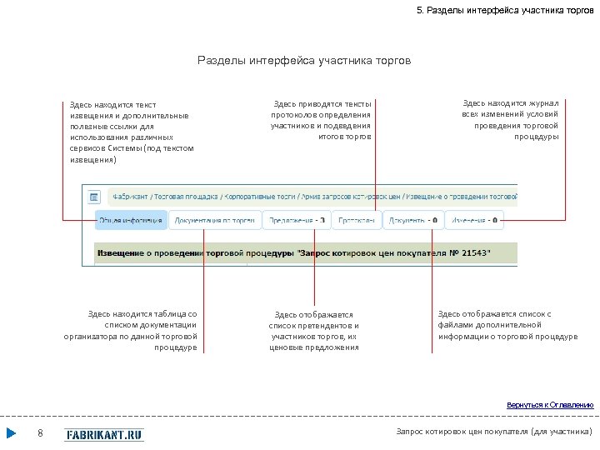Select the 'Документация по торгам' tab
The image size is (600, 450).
click(214, 221)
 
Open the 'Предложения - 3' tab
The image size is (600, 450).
click(297, 221)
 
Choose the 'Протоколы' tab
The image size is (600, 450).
click(357, 221)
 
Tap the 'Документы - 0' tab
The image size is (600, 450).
click(412, 221)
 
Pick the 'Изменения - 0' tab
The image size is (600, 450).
click(473, 221)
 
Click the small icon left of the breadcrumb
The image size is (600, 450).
click(94, 197)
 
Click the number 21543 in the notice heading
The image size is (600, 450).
click(474, 252)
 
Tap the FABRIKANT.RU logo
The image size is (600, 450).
click(104, 434)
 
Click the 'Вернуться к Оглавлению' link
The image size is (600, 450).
click(550, 405)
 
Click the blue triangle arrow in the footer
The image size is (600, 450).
click(12, 433)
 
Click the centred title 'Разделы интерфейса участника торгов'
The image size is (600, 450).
click(304, 61)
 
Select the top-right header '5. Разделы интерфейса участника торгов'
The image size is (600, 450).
click(505, 10)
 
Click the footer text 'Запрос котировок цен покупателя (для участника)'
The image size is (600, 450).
click(494, 432)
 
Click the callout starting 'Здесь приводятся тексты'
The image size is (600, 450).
click(321, 120)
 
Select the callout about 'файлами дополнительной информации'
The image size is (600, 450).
click(507, 325)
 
